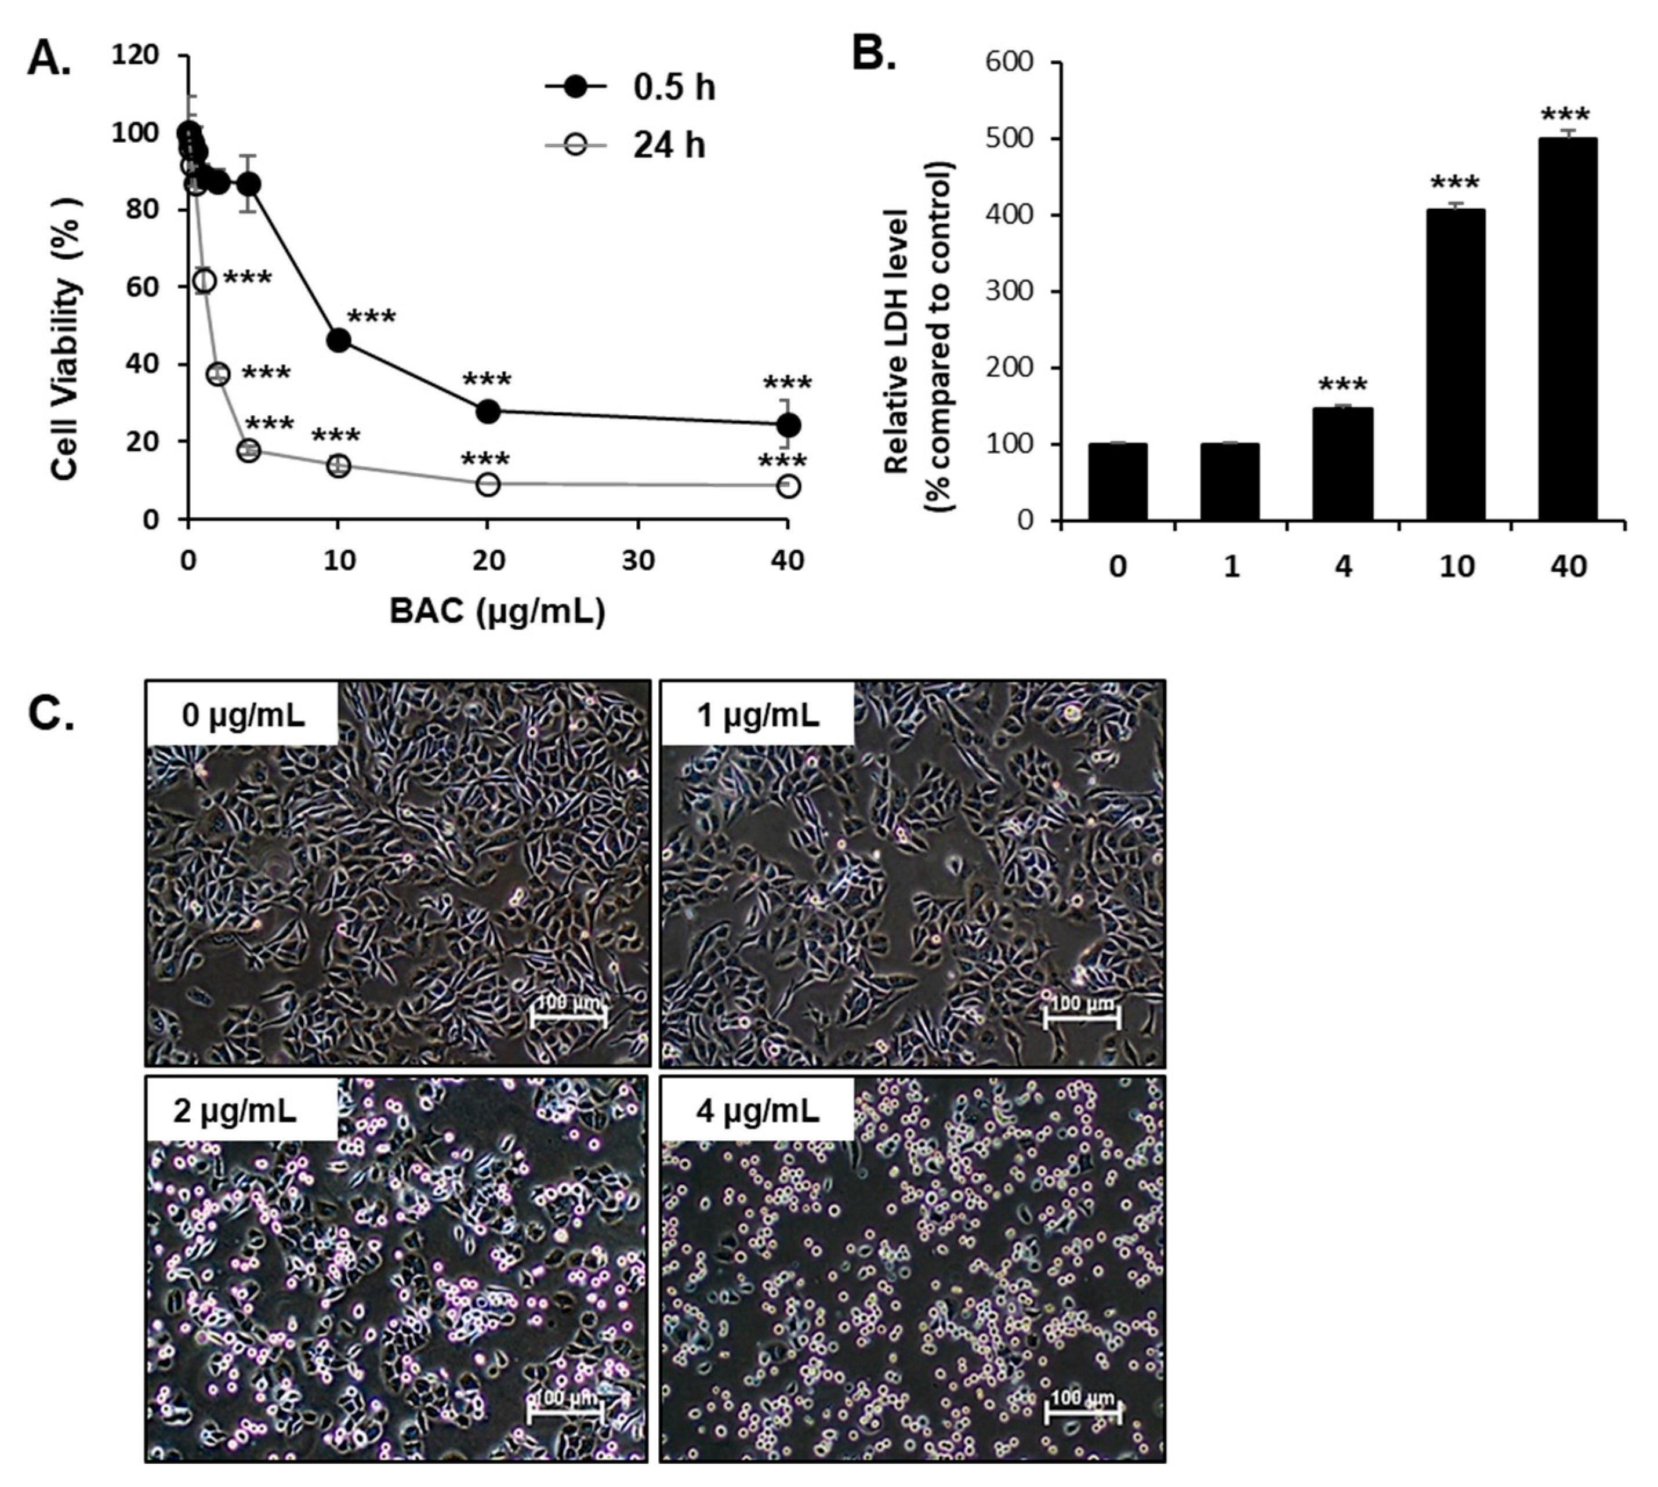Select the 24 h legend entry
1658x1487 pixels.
tap(625, 146)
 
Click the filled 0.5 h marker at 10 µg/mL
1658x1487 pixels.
tap(338, 340)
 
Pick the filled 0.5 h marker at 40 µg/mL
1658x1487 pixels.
tap(788, 425)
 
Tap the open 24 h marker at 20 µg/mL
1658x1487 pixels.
tap(488, 484)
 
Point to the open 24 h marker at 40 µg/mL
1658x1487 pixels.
tap(788, 486)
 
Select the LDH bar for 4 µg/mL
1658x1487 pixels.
tap(1343, 463)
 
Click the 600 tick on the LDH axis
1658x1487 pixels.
tap(1011, 63)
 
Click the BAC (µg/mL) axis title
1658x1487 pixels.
tap(497, 611)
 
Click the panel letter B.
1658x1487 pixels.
tap(873, 54)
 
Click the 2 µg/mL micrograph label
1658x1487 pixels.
tap(235, 1111)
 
